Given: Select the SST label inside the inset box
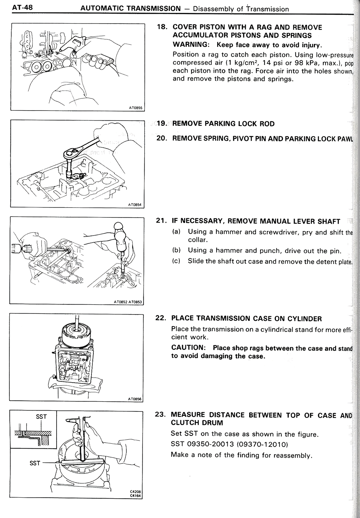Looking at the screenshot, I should [x=41, y=416].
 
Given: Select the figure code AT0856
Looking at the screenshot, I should [x=135, y=399].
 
